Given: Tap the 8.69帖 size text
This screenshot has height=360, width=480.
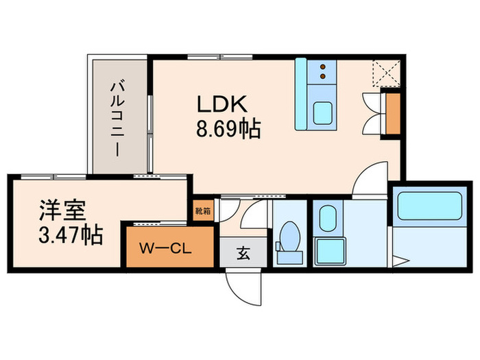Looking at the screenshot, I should coord(228,129).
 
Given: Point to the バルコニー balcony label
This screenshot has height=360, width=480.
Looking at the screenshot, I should coord(117,117).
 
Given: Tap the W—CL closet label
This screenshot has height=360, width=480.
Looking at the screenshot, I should coord(167,248).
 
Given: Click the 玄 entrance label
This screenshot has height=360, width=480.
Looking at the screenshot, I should coord(243,254).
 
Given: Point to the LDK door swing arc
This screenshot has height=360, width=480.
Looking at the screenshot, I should coord(371,178).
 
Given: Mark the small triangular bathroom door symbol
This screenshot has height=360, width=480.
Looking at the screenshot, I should coord(403,261).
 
